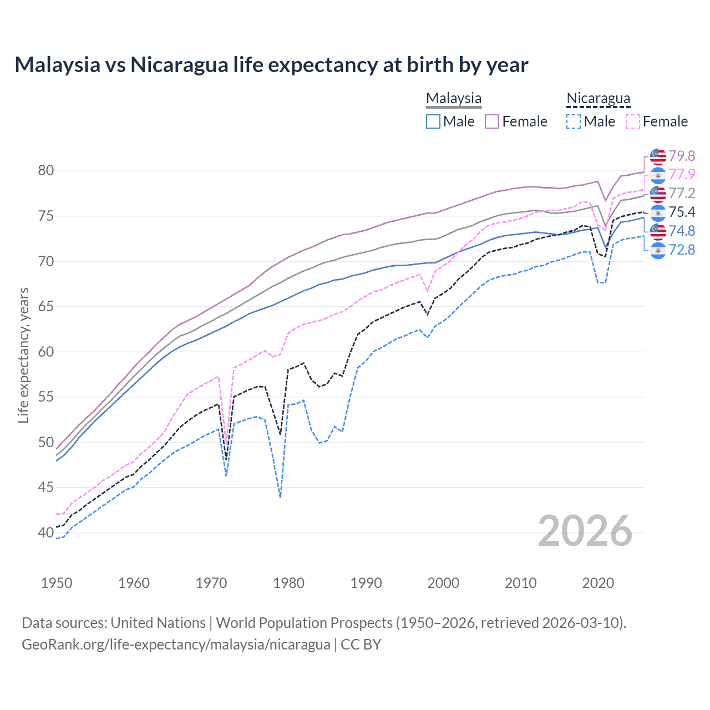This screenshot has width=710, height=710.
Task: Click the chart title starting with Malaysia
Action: pos(271,65)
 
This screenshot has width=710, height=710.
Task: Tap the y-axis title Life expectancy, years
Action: pos(23,355)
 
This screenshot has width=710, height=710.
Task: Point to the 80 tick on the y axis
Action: pos(46,170)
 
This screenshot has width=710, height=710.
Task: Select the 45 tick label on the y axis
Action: pos(46,487)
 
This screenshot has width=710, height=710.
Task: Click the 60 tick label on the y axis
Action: pos(46,352)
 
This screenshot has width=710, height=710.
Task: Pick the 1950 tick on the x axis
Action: pos(57,583)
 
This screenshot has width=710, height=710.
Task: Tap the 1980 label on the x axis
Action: pos(288,583)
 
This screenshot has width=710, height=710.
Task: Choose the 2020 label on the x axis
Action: pos(598,583)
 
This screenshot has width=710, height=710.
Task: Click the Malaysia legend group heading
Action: pos(454,98)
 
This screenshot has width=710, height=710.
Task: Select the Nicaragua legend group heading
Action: pos(598,98)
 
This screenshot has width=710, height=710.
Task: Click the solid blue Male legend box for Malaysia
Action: pos(433,121)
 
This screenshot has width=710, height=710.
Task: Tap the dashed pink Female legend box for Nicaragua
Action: pos(633,121)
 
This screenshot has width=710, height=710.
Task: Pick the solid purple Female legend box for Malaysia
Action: pos(493,121)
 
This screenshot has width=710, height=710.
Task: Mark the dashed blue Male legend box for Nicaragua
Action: pos(574,121)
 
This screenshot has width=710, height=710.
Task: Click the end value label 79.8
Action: pos(682,156)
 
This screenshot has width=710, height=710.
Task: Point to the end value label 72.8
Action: pos(682,250)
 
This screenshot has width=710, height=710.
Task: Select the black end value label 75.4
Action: pos(682,212)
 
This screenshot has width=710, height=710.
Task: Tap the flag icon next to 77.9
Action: pos(658,175)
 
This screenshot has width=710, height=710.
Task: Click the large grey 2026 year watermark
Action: pos(585,531)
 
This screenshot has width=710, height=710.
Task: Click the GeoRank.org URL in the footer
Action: pos(176,645)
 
